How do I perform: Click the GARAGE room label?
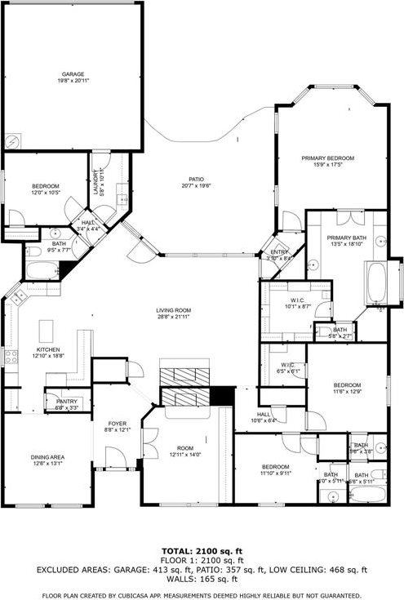[x=73, y=74]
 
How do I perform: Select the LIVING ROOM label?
[x=174, y=310]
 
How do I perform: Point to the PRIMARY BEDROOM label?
[x=328, y=158]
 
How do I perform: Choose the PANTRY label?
[x=66, y=402]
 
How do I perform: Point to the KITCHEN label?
[x=47, y=349]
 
